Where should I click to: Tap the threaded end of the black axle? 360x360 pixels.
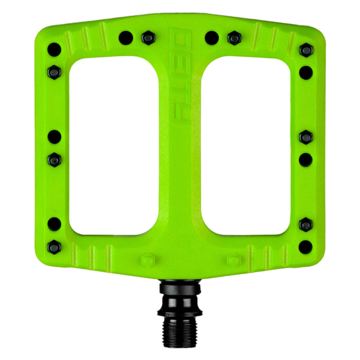coord(180,330)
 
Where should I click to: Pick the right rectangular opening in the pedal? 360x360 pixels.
coord(245,146)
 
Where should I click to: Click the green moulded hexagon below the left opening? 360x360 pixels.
coord(147,261)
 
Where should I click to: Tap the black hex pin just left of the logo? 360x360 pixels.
coord(147,38)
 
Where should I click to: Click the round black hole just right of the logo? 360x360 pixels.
coord(211,38)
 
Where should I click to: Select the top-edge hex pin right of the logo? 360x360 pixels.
coord(234,38)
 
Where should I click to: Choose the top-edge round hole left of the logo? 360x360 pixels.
coord(126,38)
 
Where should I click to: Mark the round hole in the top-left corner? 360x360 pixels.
coord(54,49)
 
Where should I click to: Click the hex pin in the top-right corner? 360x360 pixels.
coord(306,49)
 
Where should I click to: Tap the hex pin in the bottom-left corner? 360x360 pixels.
coord(54,246)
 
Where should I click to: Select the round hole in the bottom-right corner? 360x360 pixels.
coord(306,246)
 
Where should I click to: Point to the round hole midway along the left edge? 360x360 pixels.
coord(54,136)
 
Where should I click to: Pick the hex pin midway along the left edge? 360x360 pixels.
coord(54,159)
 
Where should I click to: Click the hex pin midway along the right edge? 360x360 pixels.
coord(306,137)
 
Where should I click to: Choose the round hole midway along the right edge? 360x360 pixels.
coord(306,159)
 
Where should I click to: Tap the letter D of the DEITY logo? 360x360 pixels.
coord(180,39)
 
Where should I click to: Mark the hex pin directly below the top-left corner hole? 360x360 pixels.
coord(54,71)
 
